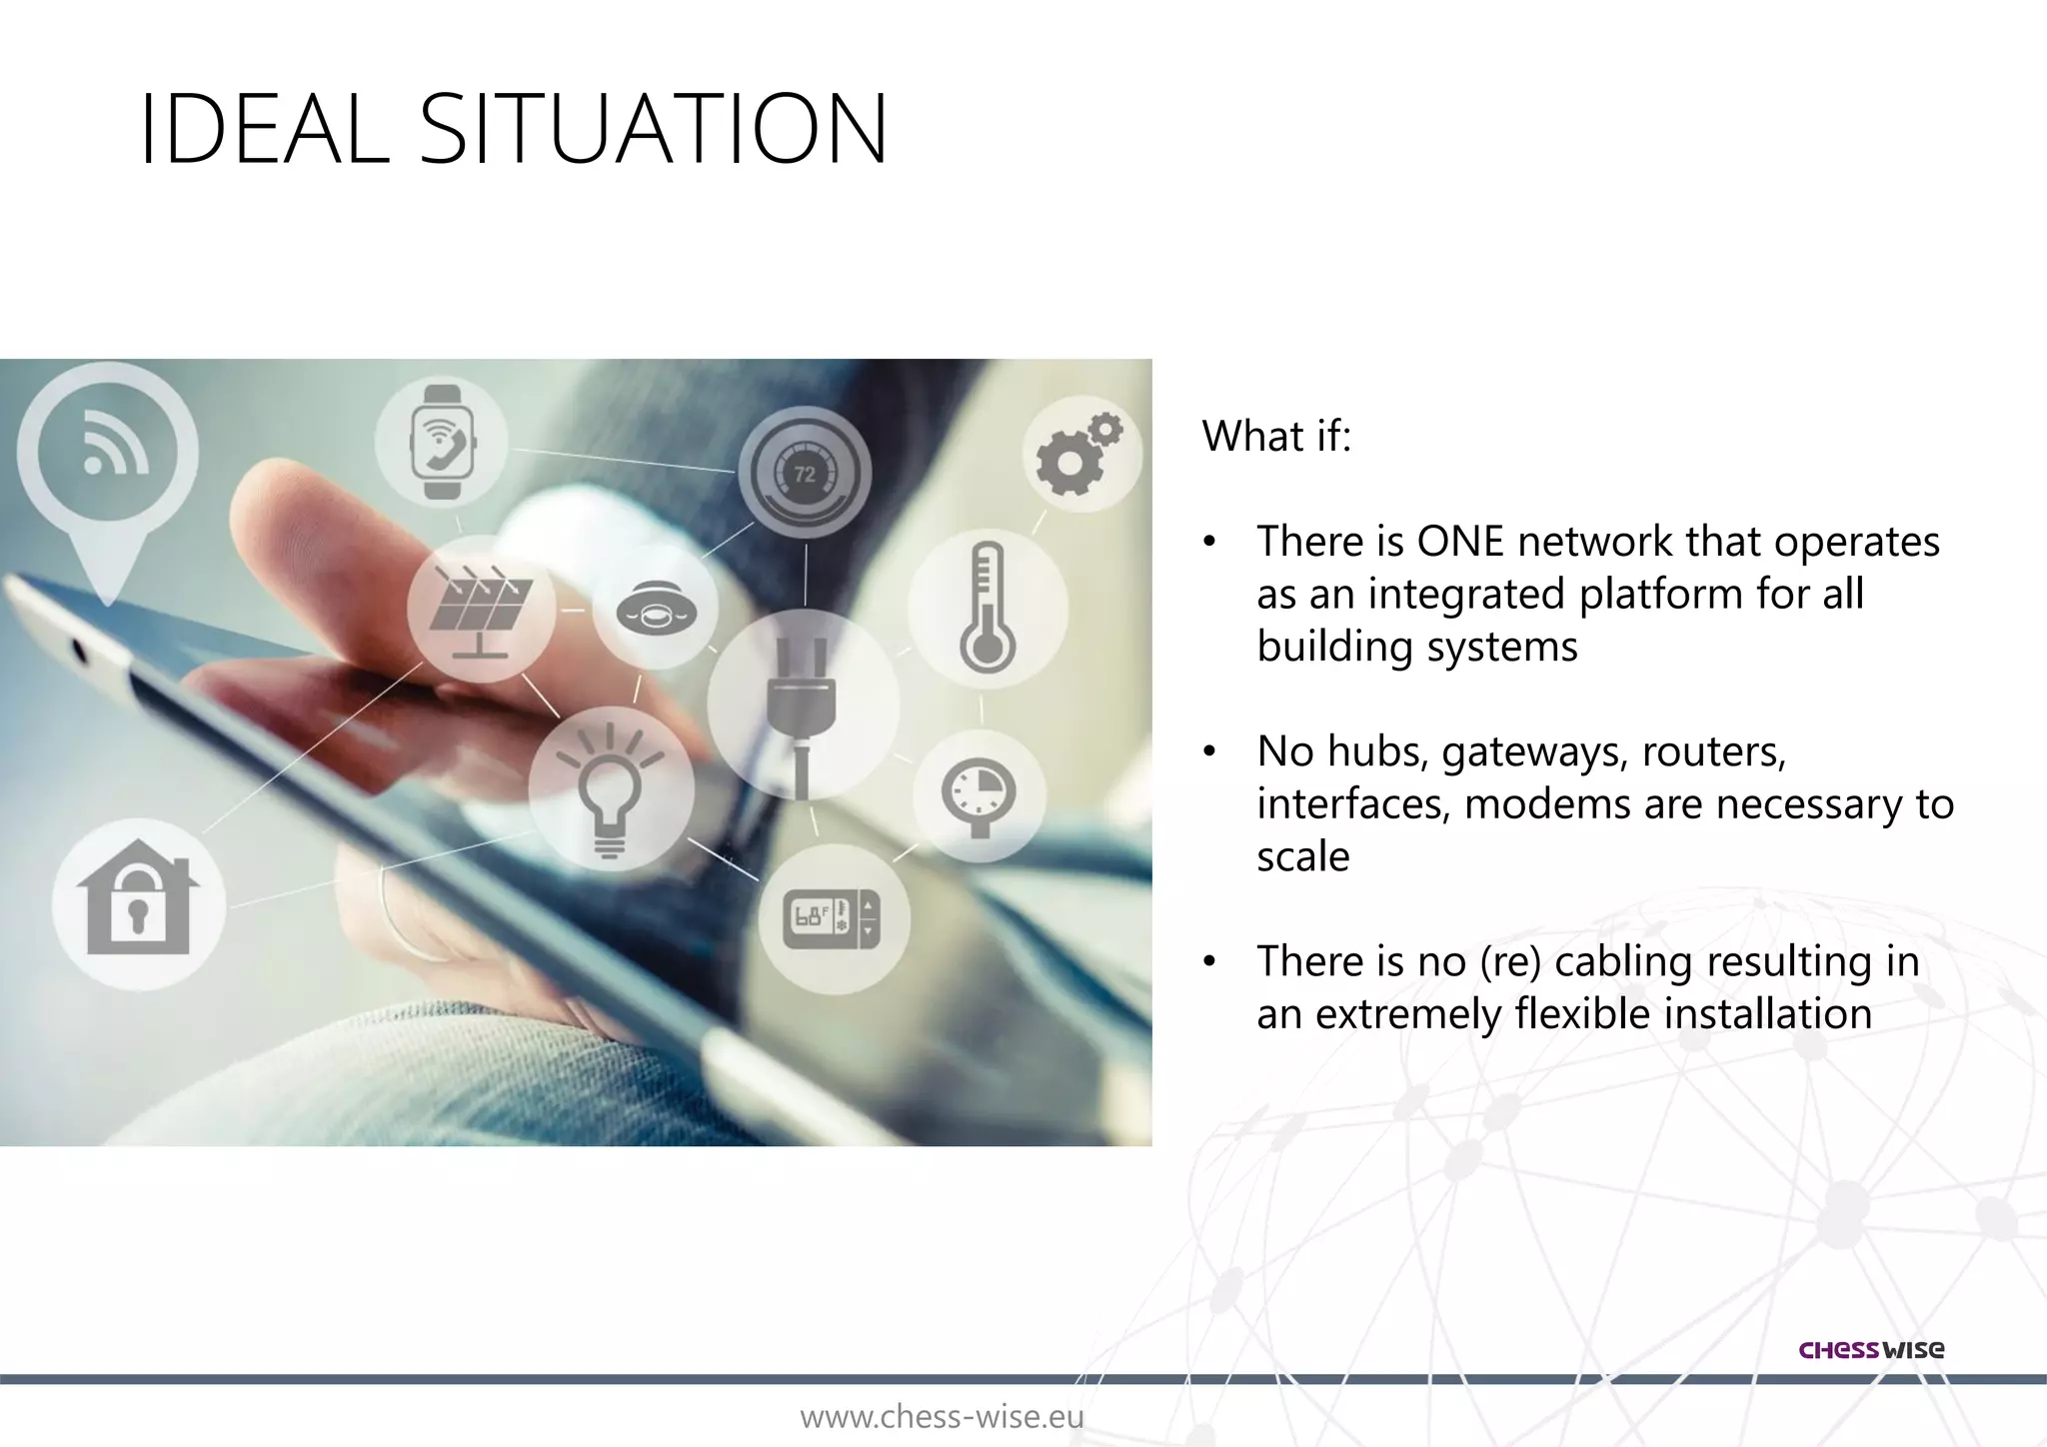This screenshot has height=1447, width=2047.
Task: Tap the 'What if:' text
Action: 1276,436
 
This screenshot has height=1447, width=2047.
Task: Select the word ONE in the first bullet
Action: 1460,541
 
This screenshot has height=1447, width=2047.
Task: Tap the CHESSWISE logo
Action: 1871,1349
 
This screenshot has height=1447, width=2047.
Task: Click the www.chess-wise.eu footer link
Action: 942,1417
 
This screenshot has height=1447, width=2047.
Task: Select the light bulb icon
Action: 611,789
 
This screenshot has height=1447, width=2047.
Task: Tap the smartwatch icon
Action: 442,442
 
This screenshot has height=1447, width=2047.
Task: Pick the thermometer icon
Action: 987,608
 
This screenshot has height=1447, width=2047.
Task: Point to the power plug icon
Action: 802,704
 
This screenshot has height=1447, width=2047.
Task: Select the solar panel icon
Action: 481,609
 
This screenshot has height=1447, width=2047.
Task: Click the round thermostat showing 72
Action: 805,474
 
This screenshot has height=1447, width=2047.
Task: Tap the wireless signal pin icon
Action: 108,455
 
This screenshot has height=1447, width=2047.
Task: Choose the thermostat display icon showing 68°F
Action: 834,917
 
